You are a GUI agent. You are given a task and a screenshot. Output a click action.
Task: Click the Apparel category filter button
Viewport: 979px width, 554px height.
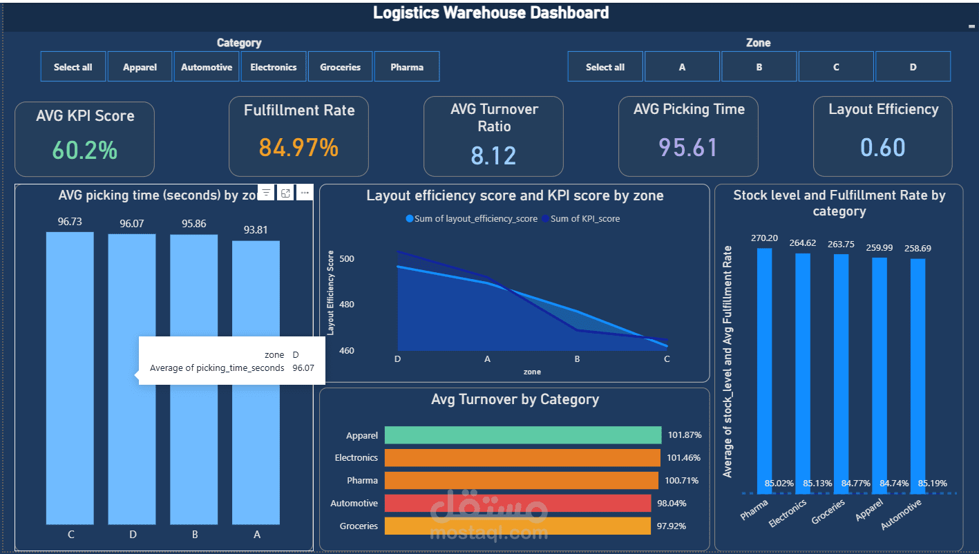(140, 67)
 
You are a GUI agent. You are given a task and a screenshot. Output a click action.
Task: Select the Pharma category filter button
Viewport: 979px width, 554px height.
(406, 67)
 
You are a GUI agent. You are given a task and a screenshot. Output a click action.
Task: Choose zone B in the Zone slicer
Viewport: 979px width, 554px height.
(759, 67)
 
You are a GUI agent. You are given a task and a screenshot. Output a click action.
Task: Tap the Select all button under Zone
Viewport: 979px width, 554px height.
(605, 67)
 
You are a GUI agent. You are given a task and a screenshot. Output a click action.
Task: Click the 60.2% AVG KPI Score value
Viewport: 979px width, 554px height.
(85, 150)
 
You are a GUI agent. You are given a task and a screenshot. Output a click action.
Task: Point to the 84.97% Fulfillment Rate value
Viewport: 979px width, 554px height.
(298, 147)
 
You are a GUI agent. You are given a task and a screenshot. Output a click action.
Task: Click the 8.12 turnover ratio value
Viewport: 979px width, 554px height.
(493, 155)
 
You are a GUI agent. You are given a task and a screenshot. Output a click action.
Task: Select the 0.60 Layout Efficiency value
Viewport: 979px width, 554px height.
(882, 147)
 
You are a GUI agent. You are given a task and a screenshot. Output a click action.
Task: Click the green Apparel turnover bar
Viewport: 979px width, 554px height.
(522, 435)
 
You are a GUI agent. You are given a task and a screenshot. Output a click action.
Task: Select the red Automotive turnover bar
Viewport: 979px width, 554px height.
(517, 503)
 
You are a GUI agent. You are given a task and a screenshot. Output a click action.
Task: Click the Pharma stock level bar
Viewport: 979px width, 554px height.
(764, 366)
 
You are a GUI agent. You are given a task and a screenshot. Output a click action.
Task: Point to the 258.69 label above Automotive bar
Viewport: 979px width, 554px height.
(916, 248)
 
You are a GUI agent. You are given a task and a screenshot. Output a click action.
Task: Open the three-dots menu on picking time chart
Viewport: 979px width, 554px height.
(305, 193)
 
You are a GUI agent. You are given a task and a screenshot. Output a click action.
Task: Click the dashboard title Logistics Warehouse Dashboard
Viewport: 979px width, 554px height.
(491, 12)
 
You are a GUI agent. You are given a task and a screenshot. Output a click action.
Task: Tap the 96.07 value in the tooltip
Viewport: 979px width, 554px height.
(303, 368)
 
